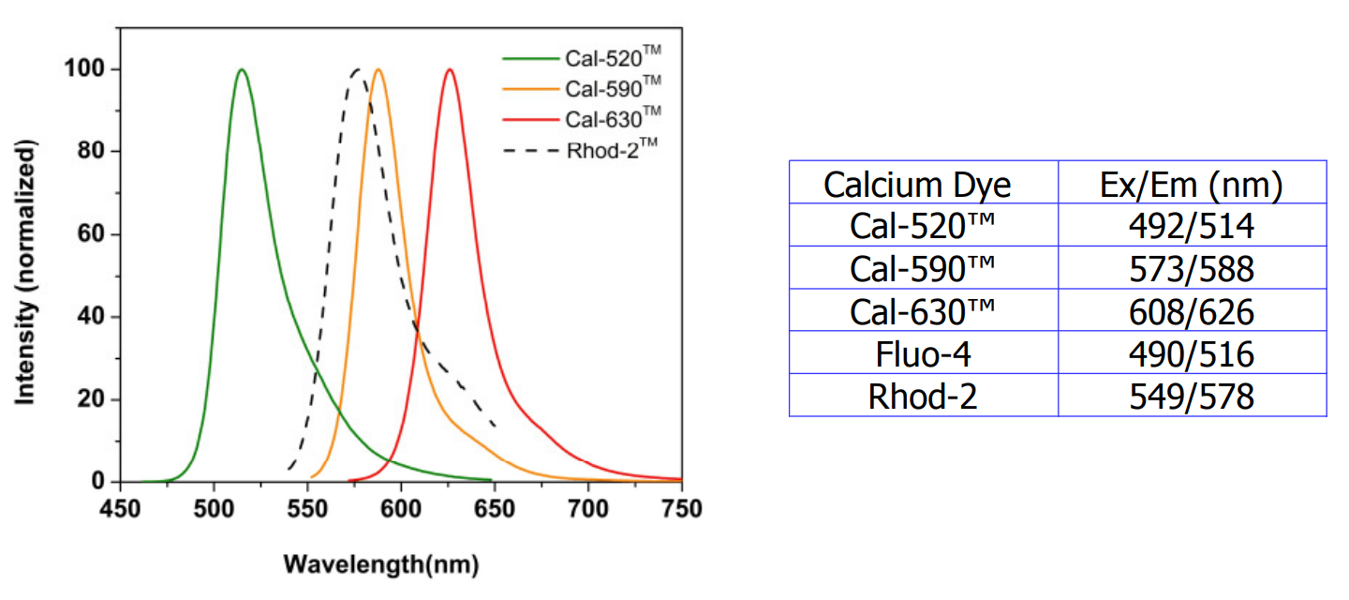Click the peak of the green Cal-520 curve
pyautogui.click(x=242, y=69)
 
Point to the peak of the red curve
pyautogui.click(x=450, y=69)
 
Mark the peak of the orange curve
pyautogui.click(x=378, y=69)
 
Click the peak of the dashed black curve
pyautogui.click(x=356, y=69)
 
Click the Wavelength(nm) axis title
pyautogui.click(x=381, y=564)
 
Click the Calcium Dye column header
pyautogui.click(x=917, y=186)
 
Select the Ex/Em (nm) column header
pyautogui.click(x=1191, y=186)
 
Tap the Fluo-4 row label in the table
pyautogui.click(x=923, y=354)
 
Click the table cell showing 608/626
pyautogui.click(x=1191, y=312)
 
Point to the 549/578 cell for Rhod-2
pyautogui.click(x=1191, y=397)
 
